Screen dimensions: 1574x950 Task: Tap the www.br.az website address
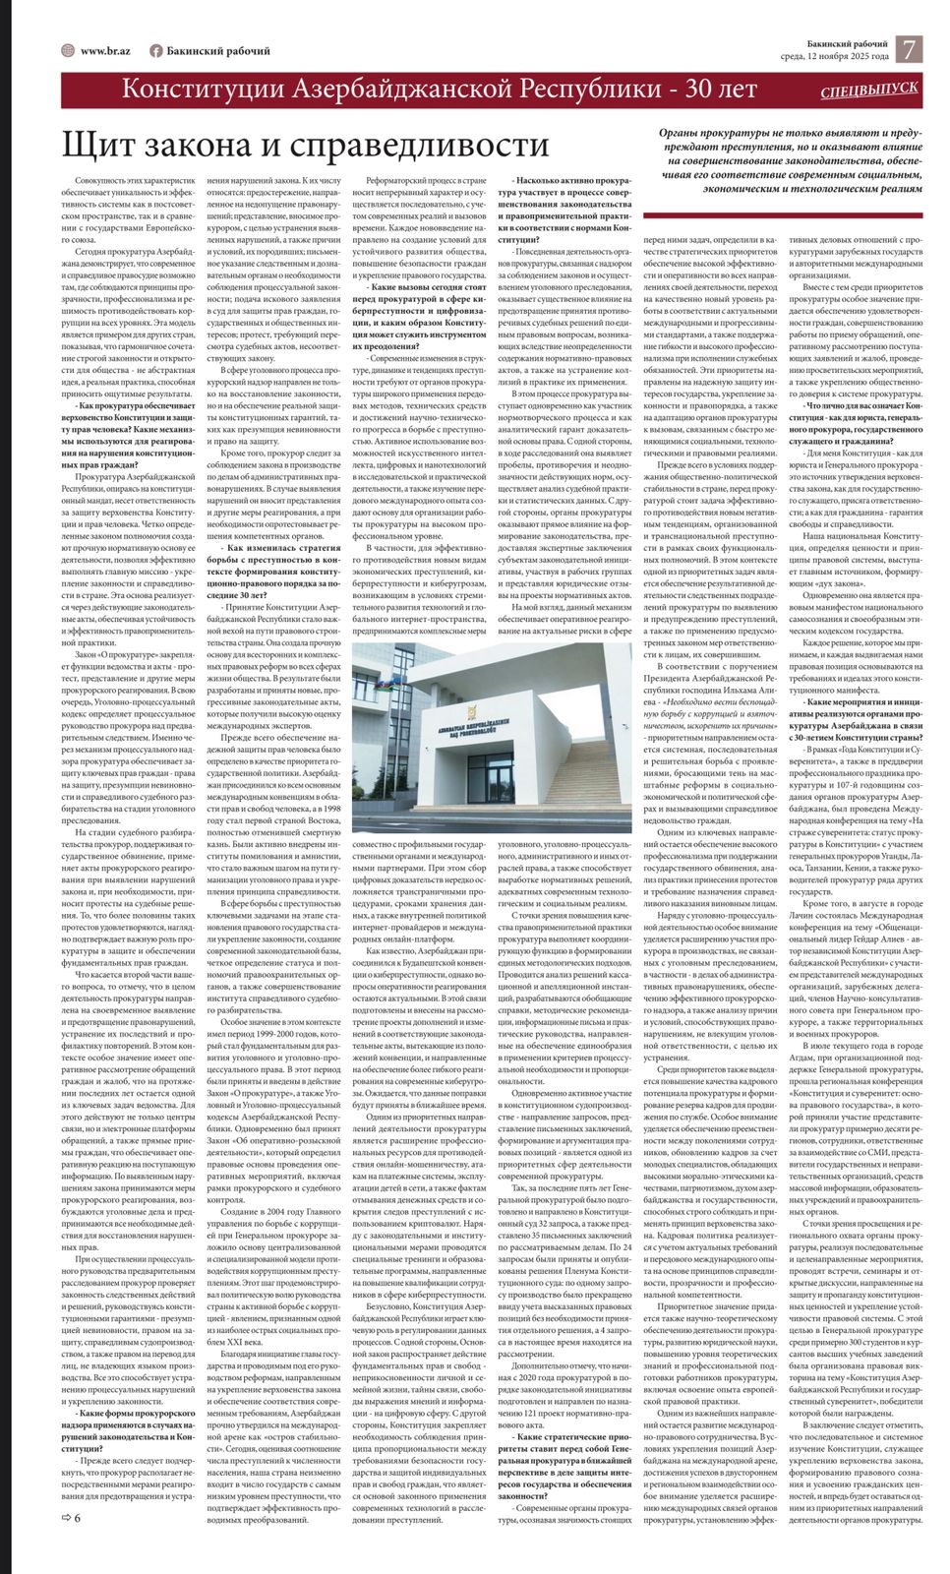[x=106, y=51]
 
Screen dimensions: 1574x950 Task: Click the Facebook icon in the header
[x=155, y=51]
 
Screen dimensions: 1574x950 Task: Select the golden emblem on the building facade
[x=473, y=710]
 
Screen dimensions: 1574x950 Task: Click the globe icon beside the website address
[x=68, y=51]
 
